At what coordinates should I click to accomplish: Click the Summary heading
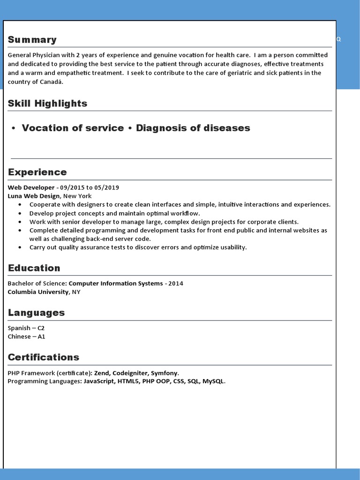32,40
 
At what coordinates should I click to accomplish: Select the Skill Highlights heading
47,104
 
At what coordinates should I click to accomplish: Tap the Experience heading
37,172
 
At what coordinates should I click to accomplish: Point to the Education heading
34,268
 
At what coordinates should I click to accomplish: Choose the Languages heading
36,313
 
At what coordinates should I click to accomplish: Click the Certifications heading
44,357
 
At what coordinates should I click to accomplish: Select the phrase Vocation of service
73,128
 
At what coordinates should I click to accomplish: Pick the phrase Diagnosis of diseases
193,128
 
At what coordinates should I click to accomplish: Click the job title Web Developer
31,187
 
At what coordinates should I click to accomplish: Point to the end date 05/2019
107,187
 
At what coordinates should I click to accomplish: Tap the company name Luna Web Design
34,196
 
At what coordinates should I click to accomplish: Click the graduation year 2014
176,284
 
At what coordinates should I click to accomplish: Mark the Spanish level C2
41,328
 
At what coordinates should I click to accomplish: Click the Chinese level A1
41,337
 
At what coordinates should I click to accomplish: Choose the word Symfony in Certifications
164,373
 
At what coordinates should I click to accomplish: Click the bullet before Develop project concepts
20,213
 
